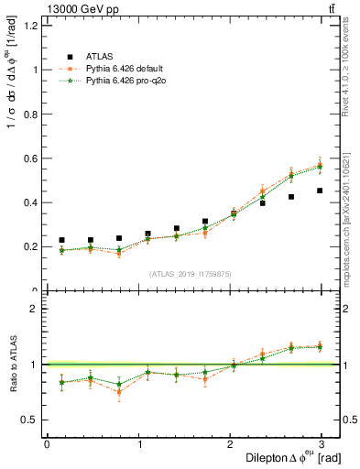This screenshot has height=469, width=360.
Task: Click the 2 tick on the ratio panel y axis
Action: [35, 309]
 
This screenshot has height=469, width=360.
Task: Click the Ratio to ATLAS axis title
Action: [13, 364]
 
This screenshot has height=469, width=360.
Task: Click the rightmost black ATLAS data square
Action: [320, 191]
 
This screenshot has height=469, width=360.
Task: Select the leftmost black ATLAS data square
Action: [61, 240]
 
